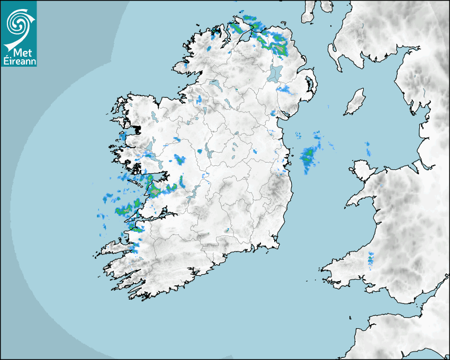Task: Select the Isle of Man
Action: click(355, 102)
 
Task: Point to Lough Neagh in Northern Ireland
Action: click(275, 73)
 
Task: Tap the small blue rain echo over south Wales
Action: click(371, 258)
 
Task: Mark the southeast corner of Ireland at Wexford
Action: click(276, 245)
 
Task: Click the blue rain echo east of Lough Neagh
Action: click(286, 89)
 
